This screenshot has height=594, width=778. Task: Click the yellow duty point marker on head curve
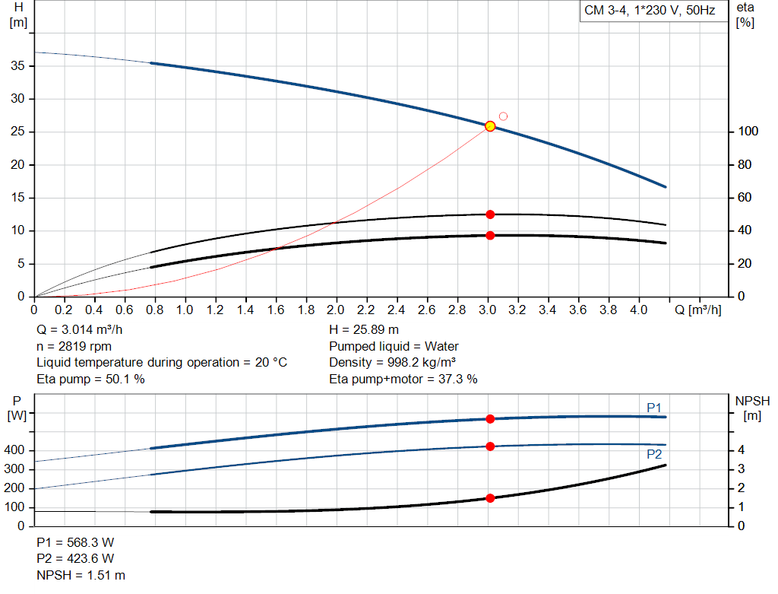tap(490, 126)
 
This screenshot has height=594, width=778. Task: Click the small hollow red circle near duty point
tap(503, 116)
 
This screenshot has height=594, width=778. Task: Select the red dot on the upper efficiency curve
tap(490, 214)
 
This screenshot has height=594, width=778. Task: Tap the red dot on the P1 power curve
tap(490, 419)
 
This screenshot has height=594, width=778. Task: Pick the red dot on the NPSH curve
tap(490, 498)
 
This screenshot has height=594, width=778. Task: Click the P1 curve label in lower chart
tap(654, 408)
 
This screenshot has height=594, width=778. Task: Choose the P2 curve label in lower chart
tap(654, 454)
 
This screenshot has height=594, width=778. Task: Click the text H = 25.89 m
tap(364, 330)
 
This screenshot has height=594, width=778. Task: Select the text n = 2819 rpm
tap(74, 346)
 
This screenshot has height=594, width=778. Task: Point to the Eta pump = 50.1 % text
tap(90, 379)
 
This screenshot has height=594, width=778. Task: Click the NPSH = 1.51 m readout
tap(81, 575)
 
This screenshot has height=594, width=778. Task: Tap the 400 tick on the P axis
tap(17, 450)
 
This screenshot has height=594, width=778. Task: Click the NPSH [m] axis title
tap(751, 408)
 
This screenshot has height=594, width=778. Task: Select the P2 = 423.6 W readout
tap(75, 558)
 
